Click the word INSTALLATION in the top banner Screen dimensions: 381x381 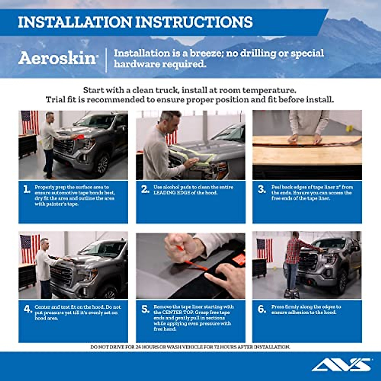(x=75, y=22)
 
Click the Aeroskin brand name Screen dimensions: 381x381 (x=57, y=58)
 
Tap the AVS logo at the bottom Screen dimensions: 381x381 (x=341, y=365)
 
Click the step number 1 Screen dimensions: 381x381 (x=27, y=190)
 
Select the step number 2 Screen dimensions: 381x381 (x=145, y=190)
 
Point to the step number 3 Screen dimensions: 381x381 (x=262, y=190)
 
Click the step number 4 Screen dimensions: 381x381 (x=28, y=309)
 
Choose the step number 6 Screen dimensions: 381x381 (x=262, y=309)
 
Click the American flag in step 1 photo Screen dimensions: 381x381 (x=30, y=122)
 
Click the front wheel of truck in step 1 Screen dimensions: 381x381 (x=103, y=164)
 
